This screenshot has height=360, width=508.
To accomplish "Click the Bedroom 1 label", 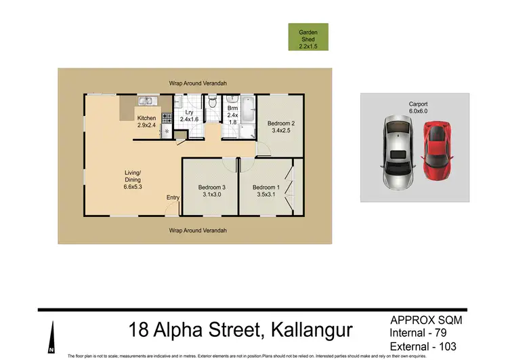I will click(265, 191).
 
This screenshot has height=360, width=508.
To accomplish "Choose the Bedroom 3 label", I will click(211, 191).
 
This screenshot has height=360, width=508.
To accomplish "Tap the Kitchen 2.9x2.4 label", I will click(147, 121).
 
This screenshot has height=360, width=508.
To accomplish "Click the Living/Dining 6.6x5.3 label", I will click(132, 178).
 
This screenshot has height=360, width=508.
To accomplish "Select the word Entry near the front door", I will click(173, 198).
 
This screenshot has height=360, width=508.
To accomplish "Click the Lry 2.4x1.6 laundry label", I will click(189, 115).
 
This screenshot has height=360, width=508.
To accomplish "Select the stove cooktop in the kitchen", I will click(165, 118).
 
